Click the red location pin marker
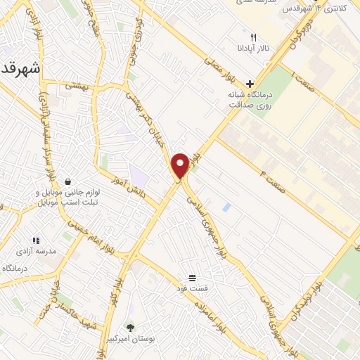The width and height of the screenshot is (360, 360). click(x=181, y=165)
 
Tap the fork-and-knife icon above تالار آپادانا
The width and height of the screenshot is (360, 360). click(x=253, y=37)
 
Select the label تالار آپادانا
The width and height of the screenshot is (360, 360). click(x=253, y=50)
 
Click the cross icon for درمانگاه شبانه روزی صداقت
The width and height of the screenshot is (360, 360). click(x=250, y=84)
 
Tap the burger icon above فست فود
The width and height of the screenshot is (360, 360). click(x=193, y=277)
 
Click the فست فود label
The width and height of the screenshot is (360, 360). click(x=193, y=288)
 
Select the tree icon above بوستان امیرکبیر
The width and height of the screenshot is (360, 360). click(x=129, y=327)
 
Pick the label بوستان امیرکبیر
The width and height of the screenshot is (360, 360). click(x=131, y=339)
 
